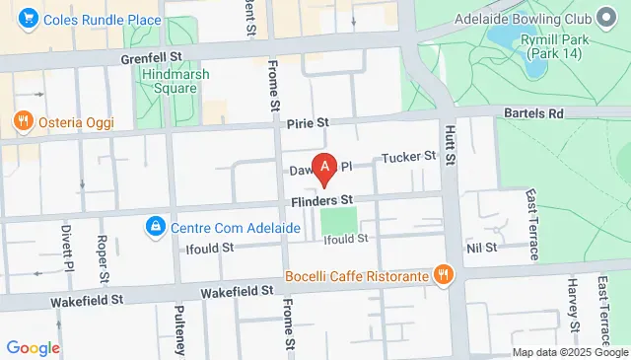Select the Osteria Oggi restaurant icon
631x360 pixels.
coord(22,121)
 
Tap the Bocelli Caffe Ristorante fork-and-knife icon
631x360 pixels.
coord(444,275)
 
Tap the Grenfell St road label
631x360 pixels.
coord(153,59)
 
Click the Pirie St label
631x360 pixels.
coord(308,123)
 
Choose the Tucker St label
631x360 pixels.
coord(408,157)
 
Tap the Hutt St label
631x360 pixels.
coord(452,143)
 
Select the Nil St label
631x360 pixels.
coord(482,247)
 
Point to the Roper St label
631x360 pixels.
coord(102,255)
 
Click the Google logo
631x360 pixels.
coord(34,347)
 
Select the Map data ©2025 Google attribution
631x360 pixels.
coord(570,352)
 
